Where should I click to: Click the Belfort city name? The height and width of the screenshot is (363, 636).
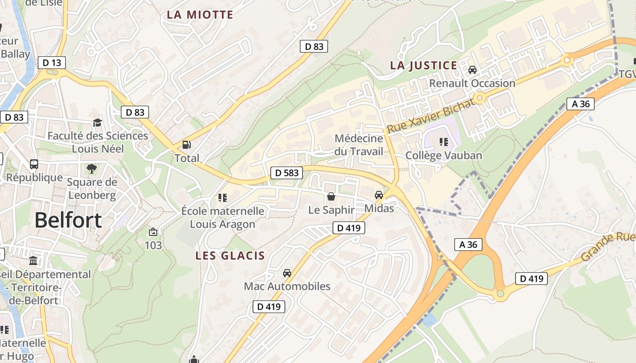click(x=68, y=221)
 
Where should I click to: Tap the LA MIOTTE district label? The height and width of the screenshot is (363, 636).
click(x=200, y=15)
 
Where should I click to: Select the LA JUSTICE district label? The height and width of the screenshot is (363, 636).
click(x=423, y=65)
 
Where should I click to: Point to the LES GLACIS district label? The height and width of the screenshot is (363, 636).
click(x=230, y=255)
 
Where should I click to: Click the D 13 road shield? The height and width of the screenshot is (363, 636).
click(x=51, y=63)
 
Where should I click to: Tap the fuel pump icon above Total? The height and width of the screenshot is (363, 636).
click(x=186, y=145)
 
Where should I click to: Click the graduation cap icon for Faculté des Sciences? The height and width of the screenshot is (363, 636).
click(x=97, y=123)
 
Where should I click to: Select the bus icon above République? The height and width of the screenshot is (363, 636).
click(x=34, y=164)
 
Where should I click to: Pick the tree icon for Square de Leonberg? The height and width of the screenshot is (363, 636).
click(x=92, y=169)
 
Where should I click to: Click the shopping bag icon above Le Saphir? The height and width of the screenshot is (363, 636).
click(x=331, y=196)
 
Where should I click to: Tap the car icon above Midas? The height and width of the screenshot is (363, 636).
click(x=378, y=195)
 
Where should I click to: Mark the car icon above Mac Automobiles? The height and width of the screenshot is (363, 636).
click(x=287, y=273)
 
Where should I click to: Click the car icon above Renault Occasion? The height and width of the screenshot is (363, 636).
click(x=472, y=70)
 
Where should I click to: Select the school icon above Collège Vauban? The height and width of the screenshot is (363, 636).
click(x=443, y=142)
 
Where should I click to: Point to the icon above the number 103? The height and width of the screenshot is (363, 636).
click(x=153, y=232)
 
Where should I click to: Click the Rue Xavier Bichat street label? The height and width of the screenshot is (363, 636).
click(x=431, y=115)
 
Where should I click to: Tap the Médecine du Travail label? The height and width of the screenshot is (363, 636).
click(x=359, y=145)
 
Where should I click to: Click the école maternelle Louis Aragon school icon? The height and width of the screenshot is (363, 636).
click(x=222, y=197)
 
